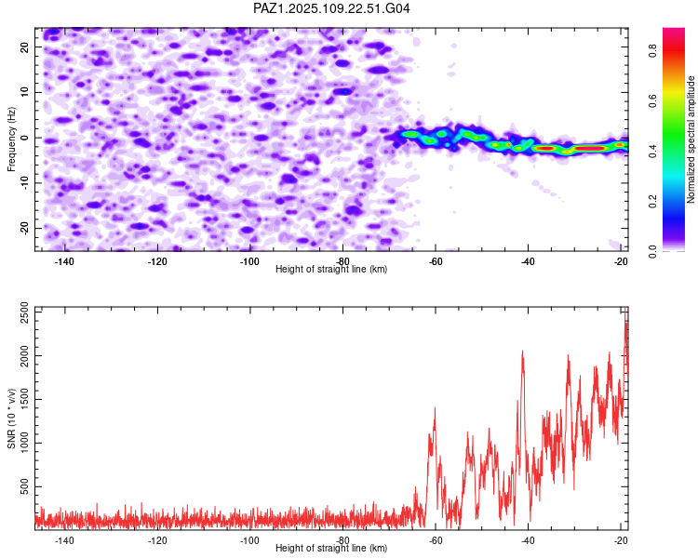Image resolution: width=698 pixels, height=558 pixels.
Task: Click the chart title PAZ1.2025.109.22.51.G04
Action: tap(331, 8)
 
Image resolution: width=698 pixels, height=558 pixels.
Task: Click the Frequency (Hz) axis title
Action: tap(11, 139)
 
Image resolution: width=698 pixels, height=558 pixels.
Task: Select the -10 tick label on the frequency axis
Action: tap(24, 182)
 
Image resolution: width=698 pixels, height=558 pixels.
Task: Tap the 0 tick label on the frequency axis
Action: tap(24, 138)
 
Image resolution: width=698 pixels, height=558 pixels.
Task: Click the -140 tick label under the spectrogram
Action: tap(64, 261)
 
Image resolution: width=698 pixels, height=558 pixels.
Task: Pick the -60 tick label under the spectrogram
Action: tap(436, 261)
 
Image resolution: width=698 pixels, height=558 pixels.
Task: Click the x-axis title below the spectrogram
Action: tap(331, 269)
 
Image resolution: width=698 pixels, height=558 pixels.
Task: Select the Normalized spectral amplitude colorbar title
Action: tap(691, 139)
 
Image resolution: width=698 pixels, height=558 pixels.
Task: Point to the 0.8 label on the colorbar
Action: tap(652, 51)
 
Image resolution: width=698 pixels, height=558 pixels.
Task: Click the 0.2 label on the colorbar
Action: tap(652, 202)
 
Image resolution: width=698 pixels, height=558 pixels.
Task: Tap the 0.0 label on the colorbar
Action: tap(652, 252)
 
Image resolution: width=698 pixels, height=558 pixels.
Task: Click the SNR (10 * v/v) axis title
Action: tap(11, 418)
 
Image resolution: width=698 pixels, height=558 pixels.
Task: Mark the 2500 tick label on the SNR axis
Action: tap(24, 312)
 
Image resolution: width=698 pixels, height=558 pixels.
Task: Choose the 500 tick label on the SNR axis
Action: tap(24, 486)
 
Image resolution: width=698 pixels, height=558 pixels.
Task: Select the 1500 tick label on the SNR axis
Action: tap(24, 400)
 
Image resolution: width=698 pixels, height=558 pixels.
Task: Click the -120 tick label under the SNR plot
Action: tap(157, 540)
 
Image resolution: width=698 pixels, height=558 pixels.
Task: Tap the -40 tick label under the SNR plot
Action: tap(528, 540)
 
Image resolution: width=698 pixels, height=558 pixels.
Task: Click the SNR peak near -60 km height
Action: tap(435, 407)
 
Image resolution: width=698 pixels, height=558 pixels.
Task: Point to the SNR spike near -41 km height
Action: tap(523, 352)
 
